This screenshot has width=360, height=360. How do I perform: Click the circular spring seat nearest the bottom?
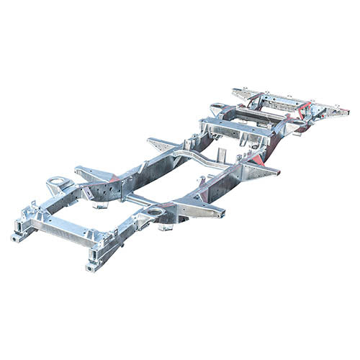153,212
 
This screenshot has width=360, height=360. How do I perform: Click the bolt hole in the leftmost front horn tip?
16,237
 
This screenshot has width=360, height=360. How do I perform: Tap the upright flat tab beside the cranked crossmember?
221,154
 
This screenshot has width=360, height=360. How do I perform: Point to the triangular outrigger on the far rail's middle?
162,143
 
